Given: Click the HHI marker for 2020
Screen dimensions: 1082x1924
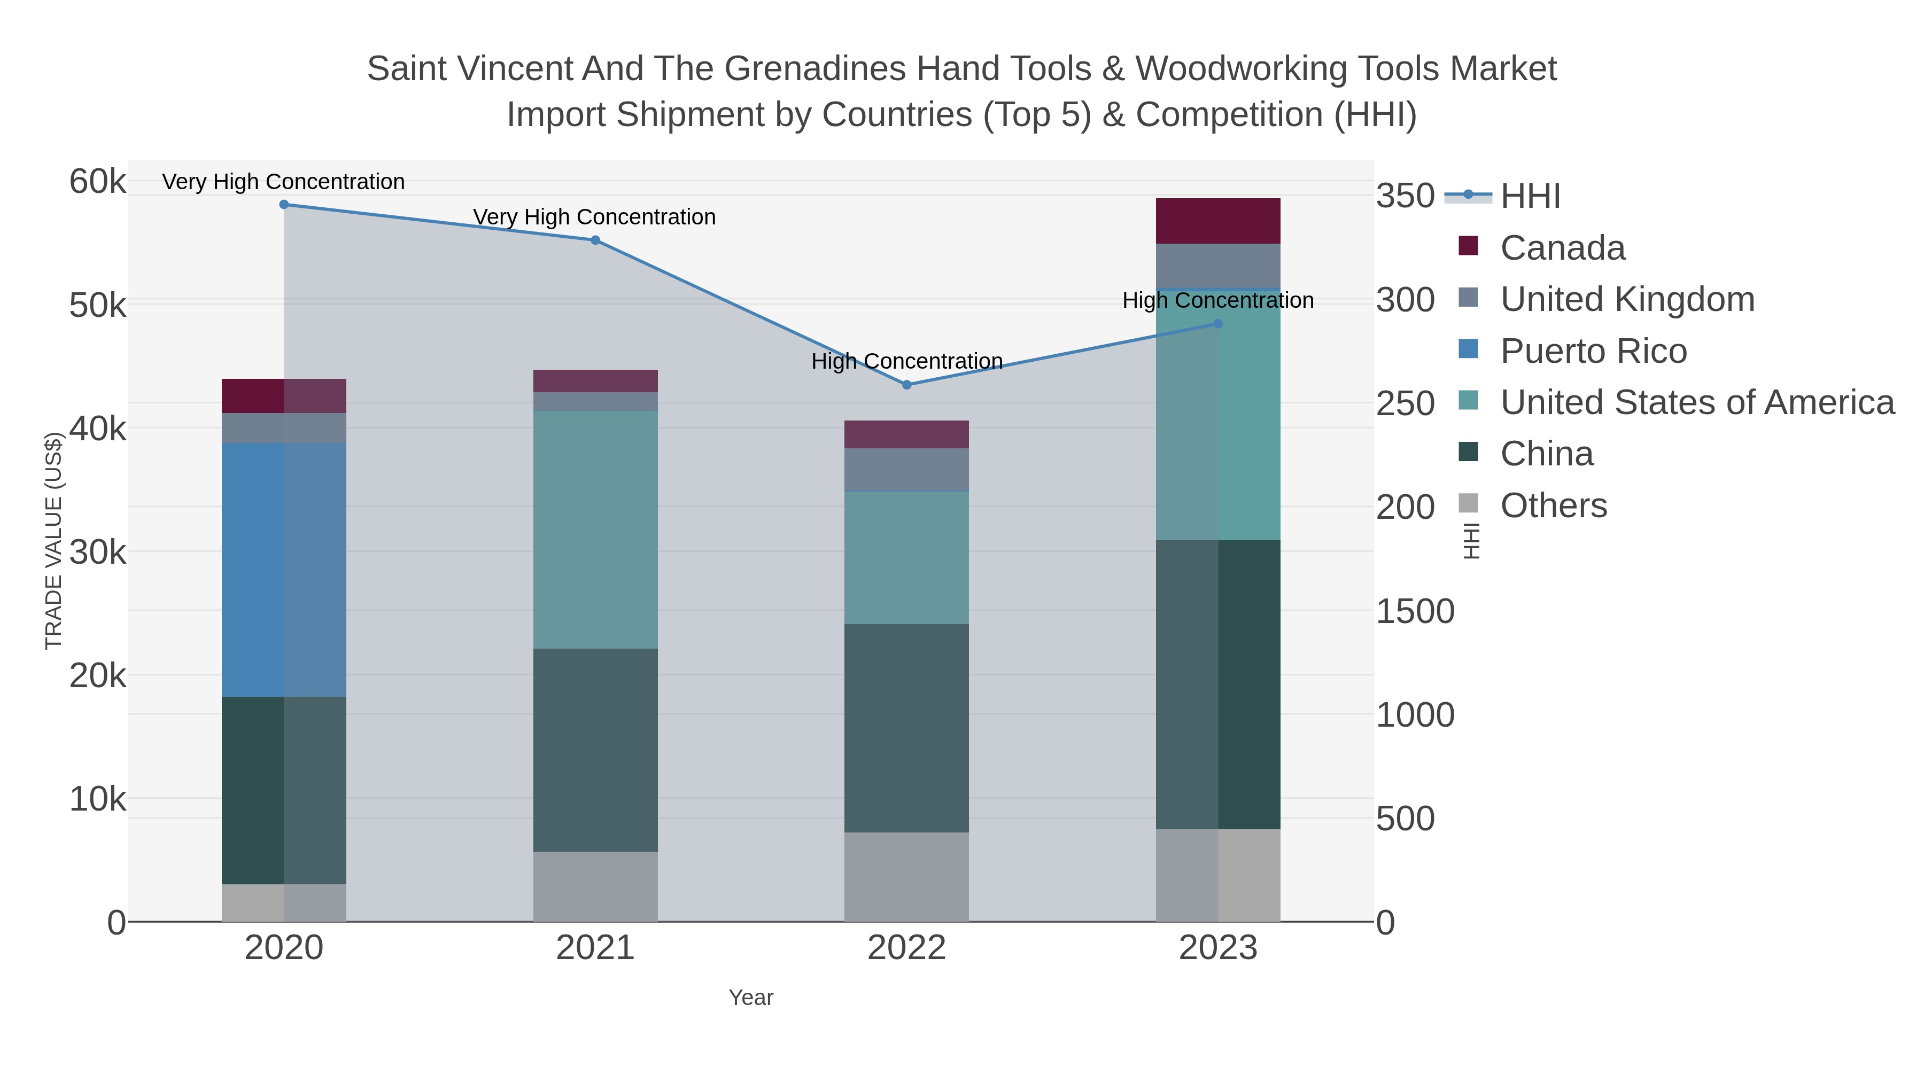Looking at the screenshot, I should coord(284,205).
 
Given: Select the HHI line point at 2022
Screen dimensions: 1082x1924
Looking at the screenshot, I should coord(907,385).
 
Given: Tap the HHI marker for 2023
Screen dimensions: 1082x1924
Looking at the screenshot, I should coord(1218,323).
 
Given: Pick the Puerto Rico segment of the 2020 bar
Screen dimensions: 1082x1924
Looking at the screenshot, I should coord(284,569).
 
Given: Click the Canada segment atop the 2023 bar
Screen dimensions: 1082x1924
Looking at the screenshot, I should coord(1218,221).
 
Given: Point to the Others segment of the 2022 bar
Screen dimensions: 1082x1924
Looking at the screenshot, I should coord(907,877).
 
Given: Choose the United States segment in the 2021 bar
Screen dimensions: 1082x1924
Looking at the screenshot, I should coord(595,530).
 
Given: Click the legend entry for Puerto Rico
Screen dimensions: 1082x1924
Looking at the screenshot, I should coord(1593,351).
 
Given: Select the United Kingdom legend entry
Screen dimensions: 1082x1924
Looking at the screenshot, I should coord(1627,299).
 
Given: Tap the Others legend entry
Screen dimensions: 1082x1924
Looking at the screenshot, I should coord(1554,505).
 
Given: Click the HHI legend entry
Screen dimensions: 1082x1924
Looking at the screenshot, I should coord(1530,196).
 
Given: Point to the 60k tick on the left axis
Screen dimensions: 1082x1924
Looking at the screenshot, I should coord(97,182).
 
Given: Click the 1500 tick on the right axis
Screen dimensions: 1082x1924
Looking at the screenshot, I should coord(1415,612).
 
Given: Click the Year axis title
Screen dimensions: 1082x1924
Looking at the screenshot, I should coord(751,998).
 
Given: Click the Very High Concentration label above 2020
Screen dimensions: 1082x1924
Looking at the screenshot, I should coord(283,182).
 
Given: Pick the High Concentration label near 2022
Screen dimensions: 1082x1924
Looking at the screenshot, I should coord(907,361).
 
